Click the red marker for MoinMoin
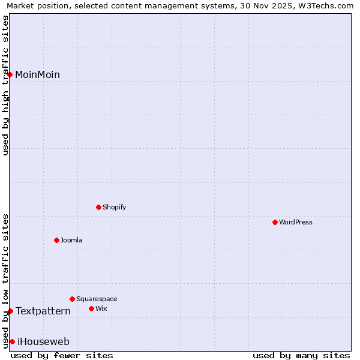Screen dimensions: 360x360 (x=10, y=74)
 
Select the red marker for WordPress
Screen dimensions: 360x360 (x=275, y=222)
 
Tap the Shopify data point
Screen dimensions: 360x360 (x=98, y=207)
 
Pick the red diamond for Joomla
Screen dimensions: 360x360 (x=56, y=240)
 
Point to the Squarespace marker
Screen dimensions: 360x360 (x=72, y=299)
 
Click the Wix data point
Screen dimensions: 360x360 (x=91, y=308)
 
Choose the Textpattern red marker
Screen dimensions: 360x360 (x=10, y=311)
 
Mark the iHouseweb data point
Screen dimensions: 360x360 (x=12, y=341)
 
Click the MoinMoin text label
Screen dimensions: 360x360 (x=37, y=75)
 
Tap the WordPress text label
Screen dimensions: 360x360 (x=296, y=223)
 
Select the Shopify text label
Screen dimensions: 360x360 (x=114, y=208)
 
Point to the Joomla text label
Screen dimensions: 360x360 (x=71, y=241)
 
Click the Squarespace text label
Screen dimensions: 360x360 (x=97, y=299)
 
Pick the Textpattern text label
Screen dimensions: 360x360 (x=43, y=311)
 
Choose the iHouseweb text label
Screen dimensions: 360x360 (x=43, y=342)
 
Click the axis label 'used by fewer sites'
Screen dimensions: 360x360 (x=62, y=355)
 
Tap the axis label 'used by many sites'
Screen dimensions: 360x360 (x=301, y=355)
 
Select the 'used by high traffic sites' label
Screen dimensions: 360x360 (x=5, y=85)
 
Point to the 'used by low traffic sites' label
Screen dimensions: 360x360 (x=5, y=280)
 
